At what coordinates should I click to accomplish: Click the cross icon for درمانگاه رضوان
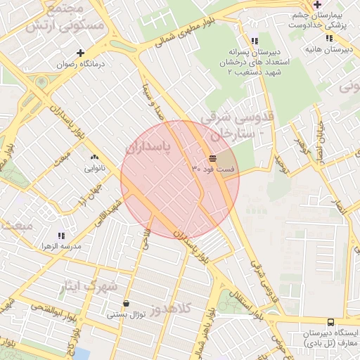[81, 53]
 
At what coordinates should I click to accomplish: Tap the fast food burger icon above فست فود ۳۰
[213, 158]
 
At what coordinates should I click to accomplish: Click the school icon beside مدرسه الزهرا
[61, 236]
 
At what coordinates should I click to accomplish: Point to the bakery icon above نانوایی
[95, 157]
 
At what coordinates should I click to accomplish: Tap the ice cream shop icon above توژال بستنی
[126, 304]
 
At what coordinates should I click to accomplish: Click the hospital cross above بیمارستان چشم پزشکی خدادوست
[318, 4]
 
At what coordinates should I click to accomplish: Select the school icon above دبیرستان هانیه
[330, 38]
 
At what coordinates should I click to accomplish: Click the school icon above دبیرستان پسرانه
[254, 41]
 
